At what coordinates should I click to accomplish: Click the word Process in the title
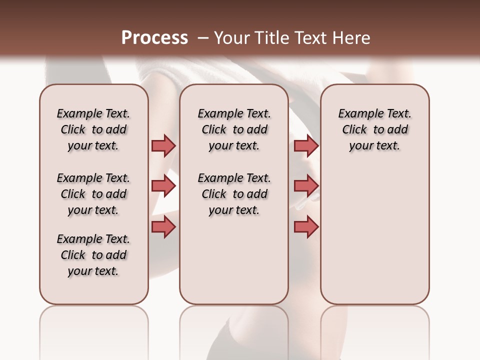tap(154, 38)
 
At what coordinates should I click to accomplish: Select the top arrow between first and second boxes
tap(163, 145)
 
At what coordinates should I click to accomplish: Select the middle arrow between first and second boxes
tap(163, 186)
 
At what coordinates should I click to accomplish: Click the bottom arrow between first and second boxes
tap(163, 227)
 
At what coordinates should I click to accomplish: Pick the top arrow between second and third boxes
tap(306, 145)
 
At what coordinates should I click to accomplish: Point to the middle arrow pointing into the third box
tap(306, 186)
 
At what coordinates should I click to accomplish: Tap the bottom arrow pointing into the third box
tap(306, 227)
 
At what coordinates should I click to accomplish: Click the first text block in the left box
tap(93, 129)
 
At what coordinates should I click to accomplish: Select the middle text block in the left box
tap(93, 194)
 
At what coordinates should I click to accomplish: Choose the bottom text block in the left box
tap(93, 255)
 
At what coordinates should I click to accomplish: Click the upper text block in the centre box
tap(234, 129)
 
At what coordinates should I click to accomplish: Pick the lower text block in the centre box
tap(234, 194)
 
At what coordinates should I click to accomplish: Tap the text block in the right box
tap(375, 129)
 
